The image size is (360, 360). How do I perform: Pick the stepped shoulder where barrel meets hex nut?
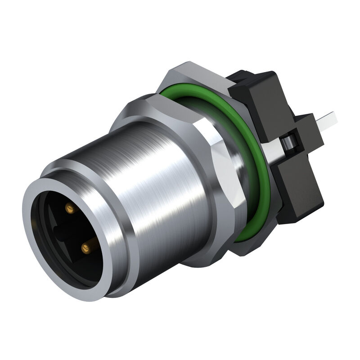[x=135, y=112]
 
